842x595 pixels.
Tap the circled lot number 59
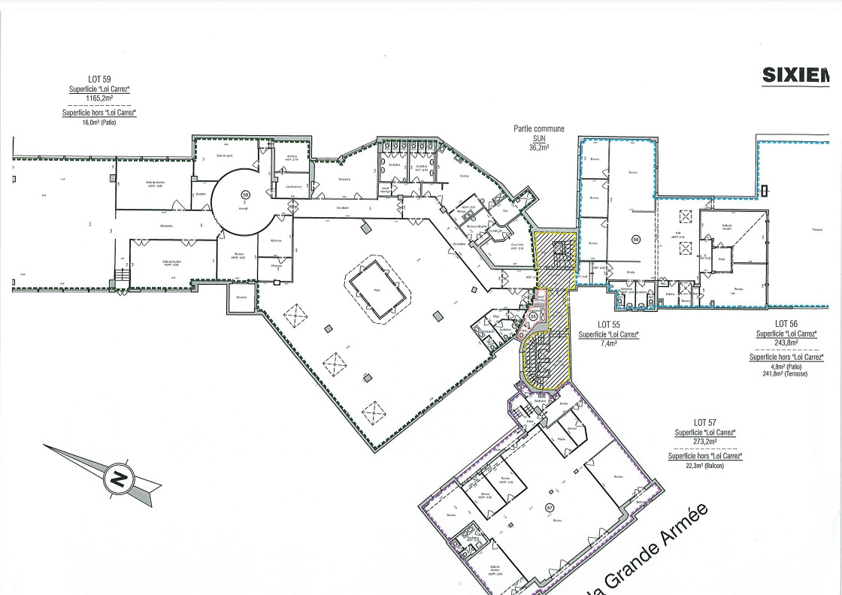tap(244, 195)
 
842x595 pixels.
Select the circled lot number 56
tap(635, 240)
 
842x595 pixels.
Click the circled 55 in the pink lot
tap(533, 316)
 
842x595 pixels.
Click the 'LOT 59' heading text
tap(100, 80)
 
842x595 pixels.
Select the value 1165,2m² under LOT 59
tap(100, 98)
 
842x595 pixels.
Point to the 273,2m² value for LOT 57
tap(704, 442)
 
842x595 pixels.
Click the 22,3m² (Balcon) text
tap(704, 466)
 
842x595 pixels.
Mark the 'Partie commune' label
tap(539, 129)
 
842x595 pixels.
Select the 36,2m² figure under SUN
tap(539, 148)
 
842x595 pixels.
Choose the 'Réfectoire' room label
tap(345, 180)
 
